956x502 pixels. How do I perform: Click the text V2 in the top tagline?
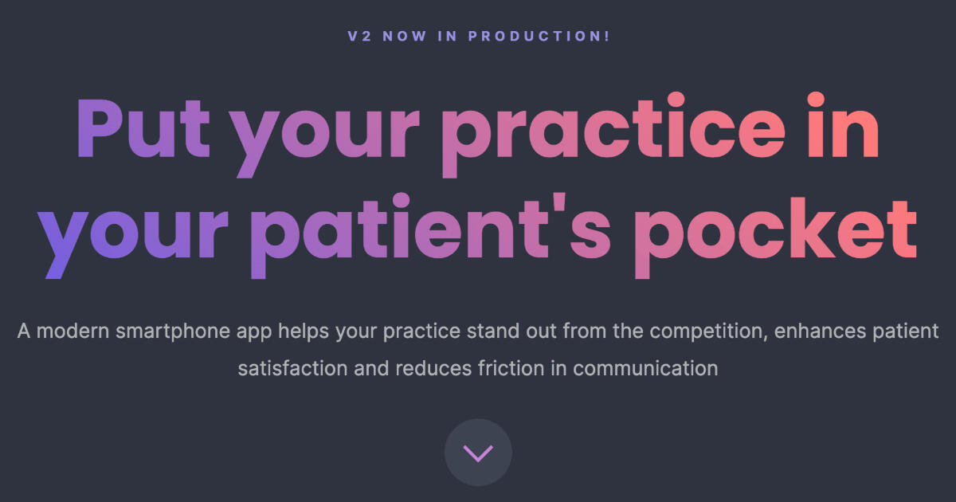click(359, 37)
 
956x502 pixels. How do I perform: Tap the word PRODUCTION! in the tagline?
click(539, 37)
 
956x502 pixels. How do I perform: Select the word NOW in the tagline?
click(405, 37)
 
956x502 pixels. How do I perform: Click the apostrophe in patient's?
click(560, 204)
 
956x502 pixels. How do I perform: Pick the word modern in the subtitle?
click(73, 331)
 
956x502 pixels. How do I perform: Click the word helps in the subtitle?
click(304, 331)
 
